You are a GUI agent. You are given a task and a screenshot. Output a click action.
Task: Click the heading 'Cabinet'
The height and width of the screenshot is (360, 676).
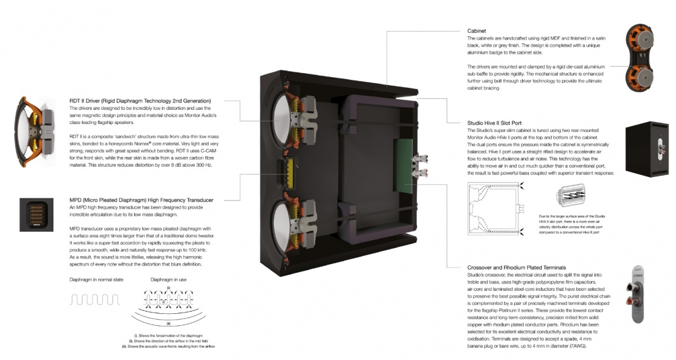tap(478, 30)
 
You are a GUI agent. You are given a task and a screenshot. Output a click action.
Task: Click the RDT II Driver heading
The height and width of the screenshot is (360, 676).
tap(140, 101)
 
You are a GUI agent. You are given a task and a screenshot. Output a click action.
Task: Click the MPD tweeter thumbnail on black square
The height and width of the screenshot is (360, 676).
tap(37, 215)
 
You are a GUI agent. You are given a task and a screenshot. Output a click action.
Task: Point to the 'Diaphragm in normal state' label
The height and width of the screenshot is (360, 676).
tap(96, 279)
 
